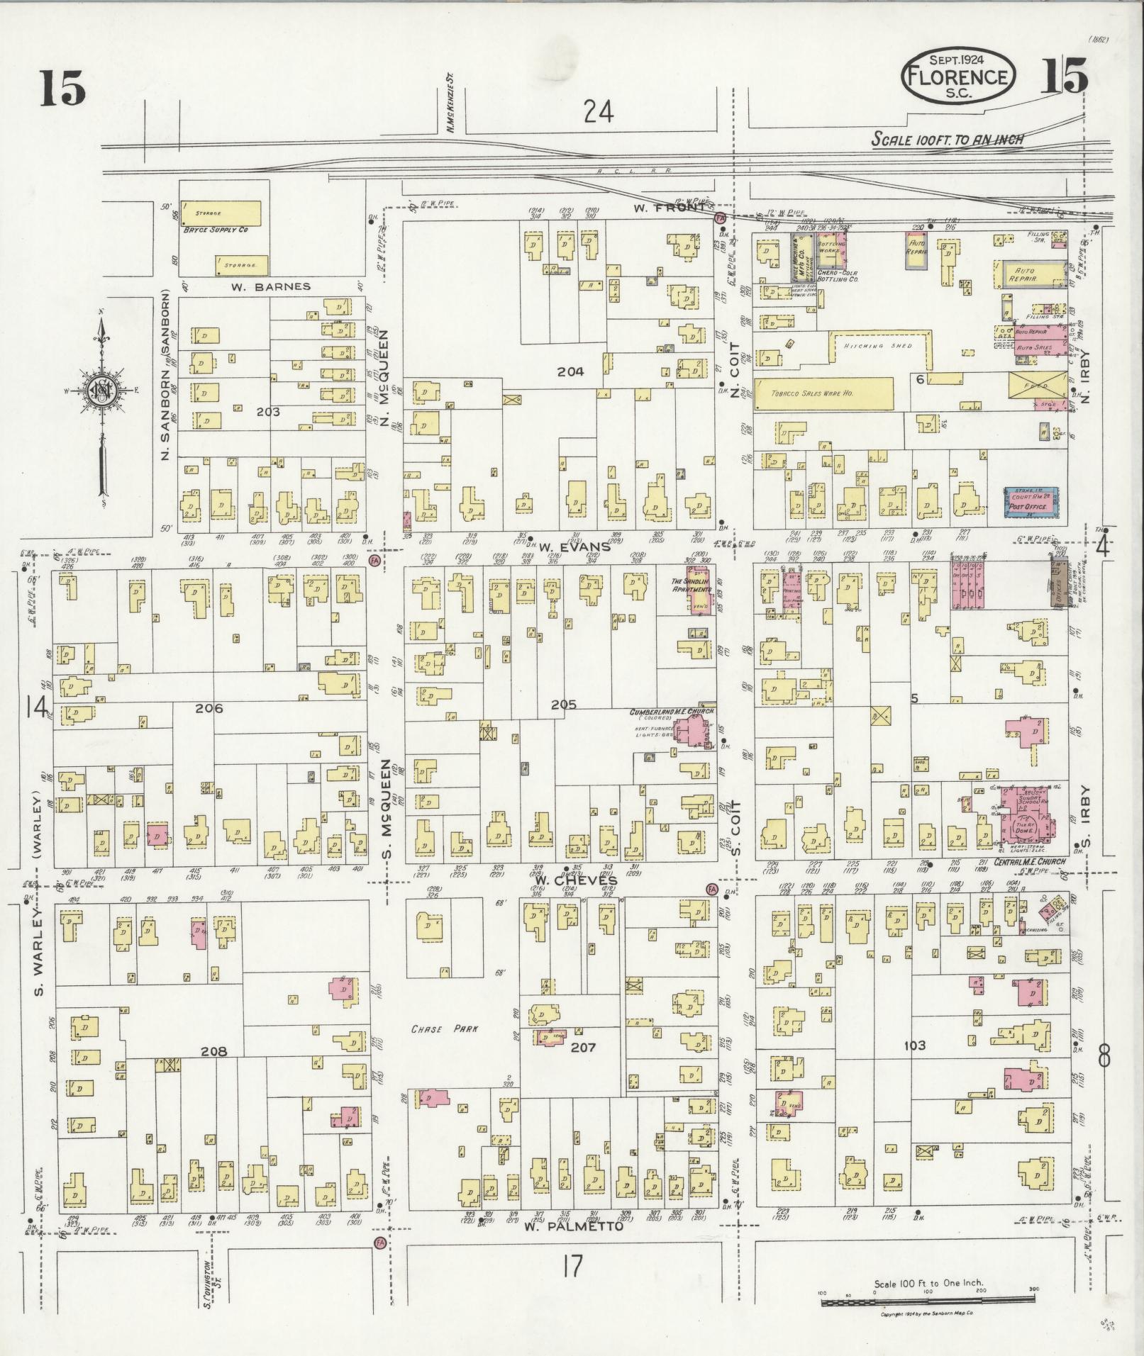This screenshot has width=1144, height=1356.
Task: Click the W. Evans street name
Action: [574, 547]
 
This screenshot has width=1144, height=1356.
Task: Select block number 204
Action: [570, 371]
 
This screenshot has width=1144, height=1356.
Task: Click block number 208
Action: [213, 1051]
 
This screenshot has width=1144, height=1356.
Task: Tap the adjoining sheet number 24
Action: [599, 111]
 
